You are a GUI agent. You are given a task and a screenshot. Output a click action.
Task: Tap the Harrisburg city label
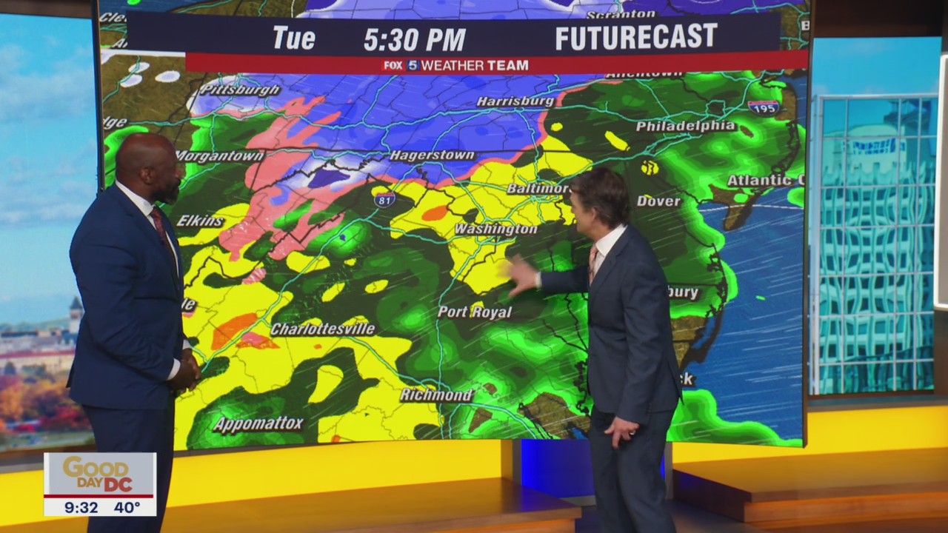coord(515,101)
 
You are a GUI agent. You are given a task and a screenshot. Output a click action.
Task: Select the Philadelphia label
coord(686,127)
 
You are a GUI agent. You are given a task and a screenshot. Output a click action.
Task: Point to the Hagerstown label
coord(432,155)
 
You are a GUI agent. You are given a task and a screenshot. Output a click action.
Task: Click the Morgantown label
coord(220,156)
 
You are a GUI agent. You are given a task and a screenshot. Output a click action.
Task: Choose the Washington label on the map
coord(495,229)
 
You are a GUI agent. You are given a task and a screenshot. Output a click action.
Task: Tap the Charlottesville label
coord(323,329)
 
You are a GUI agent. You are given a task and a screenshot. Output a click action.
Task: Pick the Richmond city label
coord(436,395)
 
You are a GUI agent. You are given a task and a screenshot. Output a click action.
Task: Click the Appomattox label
coord(258,424)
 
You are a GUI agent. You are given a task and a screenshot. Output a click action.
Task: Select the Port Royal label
coord(474,312)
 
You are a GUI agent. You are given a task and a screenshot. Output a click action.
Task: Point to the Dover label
coord(658,201)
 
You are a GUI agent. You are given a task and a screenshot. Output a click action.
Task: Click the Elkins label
coord(200,221)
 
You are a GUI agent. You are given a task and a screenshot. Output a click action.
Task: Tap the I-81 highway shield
coord(384,199)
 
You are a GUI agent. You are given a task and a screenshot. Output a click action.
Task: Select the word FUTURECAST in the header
coord(636,38)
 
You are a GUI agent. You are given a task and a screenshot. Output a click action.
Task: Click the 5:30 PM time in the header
coord(414,39)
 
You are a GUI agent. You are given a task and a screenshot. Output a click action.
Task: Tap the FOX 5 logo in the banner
coord(401,65)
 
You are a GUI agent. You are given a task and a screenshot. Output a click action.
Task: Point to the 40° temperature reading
coord(127,507)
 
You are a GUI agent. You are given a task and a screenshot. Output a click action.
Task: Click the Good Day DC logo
coord(99,473)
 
